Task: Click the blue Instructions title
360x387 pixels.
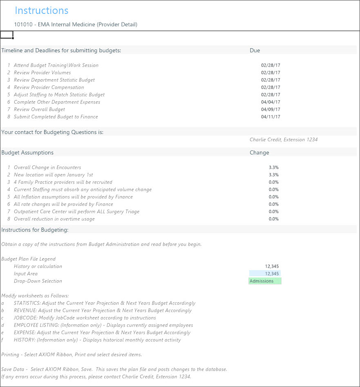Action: click(x=41, y=11)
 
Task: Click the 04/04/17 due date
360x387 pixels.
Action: click(x=271, y=102)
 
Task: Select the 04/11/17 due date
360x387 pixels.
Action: click(x=271, y=117)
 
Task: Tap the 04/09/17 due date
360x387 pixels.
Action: click(x=271, y=110)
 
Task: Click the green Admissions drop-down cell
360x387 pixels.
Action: click(x=264, y=281)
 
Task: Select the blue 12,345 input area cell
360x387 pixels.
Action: click(x=265, y=274)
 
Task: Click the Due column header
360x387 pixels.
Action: click(x=255, y=51)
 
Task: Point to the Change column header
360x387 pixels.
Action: click(x=259, y=153)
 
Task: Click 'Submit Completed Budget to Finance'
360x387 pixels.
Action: click(x=56, y=117)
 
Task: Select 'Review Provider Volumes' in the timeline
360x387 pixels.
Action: click(x=42, y=73)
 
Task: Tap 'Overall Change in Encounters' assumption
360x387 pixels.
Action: click(x=47, y=168)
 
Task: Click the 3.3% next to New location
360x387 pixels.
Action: click(x=274, y=175)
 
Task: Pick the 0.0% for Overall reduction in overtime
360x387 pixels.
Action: click(x=274, y=219)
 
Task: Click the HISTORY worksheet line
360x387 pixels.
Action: click(x=97, y=340)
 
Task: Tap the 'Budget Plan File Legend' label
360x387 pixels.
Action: click(x=28, y=259)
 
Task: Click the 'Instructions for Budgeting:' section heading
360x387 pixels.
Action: click(x=35, y=230)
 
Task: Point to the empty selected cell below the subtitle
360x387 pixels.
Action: click(x=7, y=35)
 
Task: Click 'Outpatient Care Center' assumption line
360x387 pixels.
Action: click(x=76, y=212)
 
